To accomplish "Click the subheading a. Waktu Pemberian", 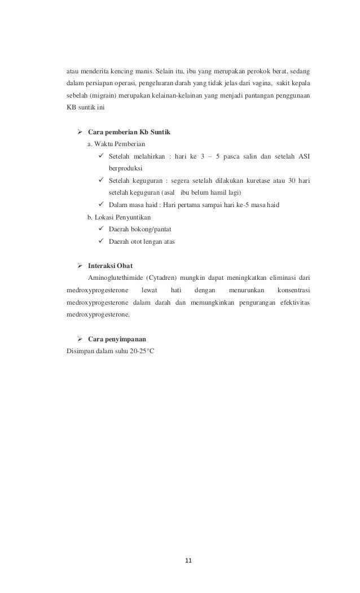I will pyautogui.click(x=115, y=144).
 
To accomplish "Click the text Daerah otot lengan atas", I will pyautogui.click(x=142, y=241).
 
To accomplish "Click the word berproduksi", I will pyautogui.click(x=126, y=168).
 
